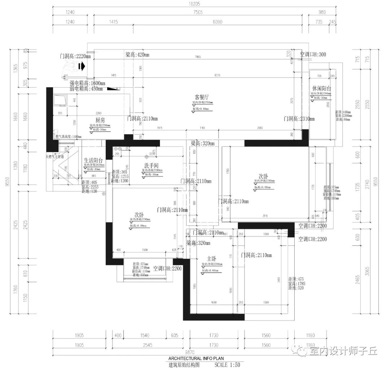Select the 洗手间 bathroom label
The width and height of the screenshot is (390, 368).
click(x=149, y=165)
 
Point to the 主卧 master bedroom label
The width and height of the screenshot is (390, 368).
click(x=212, y=259)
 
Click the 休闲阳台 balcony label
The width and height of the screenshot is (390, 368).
click(x=322, y=88)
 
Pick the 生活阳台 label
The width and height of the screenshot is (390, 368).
click(x=93, y=161)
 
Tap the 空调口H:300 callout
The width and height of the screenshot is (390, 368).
click(x=313, y=55)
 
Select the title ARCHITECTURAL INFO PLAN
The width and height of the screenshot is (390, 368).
click(x=196, y=358)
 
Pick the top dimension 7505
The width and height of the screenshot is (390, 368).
click(x=198, y=12)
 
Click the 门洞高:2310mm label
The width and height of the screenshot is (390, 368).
click(x=299, y=118)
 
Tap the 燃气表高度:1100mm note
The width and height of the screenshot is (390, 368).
click(x=69, y=137)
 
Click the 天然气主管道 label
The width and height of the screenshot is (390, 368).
click(x=55, y=157)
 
